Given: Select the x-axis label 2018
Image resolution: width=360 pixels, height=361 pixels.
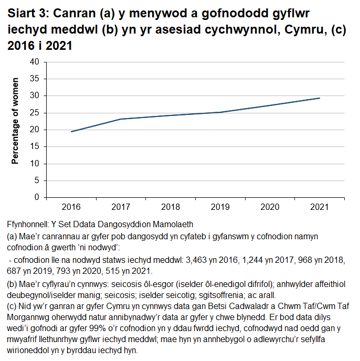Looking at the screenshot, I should [171, 207].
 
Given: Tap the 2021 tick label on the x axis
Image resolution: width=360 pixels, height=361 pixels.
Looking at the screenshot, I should [320, 207].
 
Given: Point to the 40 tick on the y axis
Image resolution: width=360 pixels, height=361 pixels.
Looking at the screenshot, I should [35, 61].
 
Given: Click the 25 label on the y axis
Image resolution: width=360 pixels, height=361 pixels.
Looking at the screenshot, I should [35, 112].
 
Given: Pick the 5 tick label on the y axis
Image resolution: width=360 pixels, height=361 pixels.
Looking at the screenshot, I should [37, 181].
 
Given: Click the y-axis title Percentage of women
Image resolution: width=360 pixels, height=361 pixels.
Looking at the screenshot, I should [16, 121].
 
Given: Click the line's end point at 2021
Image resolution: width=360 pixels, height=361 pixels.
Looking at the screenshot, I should [320, 98].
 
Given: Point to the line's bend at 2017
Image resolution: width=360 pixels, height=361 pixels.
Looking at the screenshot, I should [121, 119].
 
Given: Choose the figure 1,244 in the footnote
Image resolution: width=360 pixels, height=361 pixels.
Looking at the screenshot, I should [263, 260].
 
